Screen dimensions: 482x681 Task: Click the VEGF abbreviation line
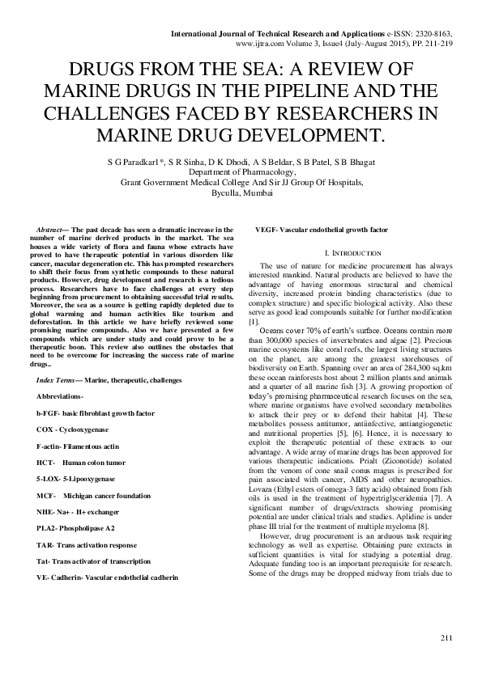pos(322,230)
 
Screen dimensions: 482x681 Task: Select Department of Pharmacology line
pos(241,171)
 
